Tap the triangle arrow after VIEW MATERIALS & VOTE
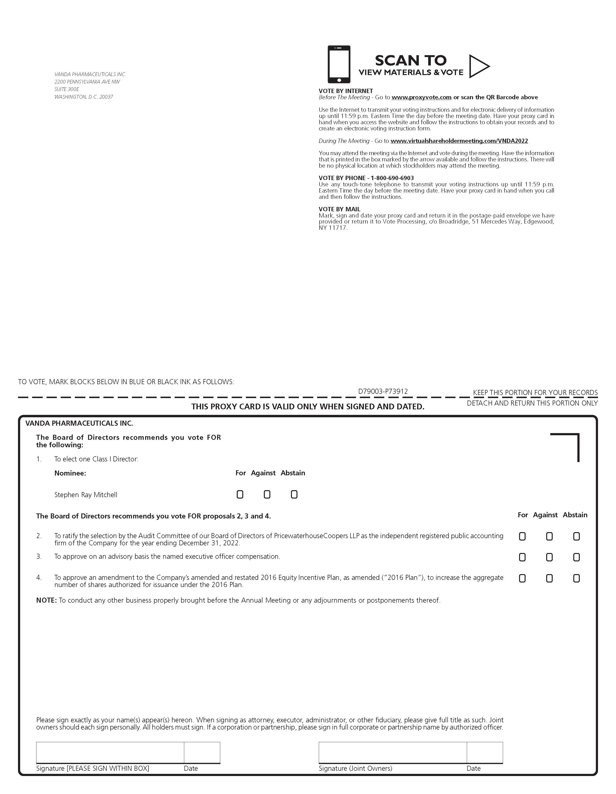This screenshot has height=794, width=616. coord(478,66)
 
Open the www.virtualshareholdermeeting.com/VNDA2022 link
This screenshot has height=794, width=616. coord(459,141)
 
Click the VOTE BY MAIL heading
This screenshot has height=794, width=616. coord(339,209)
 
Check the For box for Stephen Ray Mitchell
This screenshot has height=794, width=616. coord(240,494)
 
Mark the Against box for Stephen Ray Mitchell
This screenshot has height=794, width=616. coord(267,494)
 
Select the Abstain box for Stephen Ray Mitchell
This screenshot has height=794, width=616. coord(294,494)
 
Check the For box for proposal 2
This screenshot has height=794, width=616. coord(522,536)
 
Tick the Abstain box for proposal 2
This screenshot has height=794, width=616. coord(576,536)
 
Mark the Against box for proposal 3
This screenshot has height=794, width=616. coord(549,557)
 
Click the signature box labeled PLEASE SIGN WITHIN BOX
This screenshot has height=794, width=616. coord(110,752)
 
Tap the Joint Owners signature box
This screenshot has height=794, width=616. coord(392,752)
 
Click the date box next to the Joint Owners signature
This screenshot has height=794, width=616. coord(485,752)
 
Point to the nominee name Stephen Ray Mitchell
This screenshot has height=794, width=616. coord(86,495)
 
